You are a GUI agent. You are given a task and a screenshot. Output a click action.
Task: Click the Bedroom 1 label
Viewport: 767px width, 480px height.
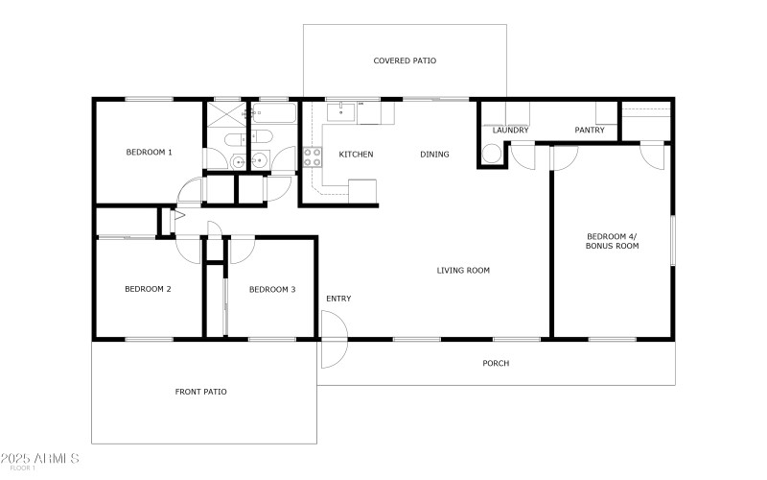(x=149, y=152)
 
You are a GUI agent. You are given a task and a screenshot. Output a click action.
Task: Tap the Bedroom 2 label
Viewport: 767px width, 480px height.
(x=148, y=289)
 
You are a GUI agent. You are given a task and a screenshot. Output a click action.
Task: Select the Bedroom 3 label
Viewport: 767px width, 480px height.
(x=272, y=289)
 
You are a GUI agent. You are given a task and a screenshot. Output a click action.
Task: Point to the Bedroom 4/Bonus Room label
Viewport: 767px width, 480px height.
(x=613, y=241)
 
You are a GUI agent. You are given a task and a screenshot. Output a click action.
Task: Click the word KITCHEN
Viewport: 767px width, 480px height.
(x=356, y=155)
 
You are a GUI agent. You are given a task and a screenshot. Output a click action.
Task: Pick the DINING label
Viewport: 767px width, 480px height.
(x=434, y=155)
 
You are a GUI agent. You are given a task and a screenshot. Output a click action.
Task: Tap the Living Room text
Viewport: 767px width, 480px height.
(x=463, y=271)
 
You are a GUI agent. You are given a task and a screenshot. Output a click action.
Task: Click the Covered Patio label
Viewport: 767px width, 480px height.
(x=405, y=60)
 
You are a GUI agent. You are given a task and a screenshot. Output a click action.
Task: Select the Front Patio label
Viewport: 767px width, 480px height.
(x=200, y=392)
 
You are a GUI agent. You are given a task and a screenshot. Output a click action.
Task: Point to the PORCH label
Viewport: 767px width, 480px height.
(x=496, y=364)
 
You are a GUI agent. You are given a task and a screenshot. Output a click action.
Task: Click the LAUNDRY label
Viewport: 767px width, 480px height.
(x=511, y=130)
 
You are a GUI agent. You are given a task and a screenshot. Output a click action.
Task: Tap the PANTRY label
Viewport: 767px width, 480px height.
(x=589, y=130)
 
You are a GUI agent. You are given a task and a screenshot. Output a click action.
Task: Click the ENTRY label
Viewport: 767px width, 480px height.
(x=338, y=299)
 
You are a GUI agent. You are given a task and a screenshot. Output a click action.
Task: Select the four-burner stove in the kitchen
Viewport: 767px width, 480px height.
(x=312, y=156)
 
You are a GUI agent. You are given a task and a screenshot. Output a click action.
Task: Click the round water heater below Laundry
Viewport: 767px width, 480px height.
(x=491, y=154)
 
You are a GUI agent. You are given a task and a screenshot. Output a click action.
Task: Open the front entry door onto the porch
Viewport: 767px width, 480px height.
(x=334, y=352)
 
